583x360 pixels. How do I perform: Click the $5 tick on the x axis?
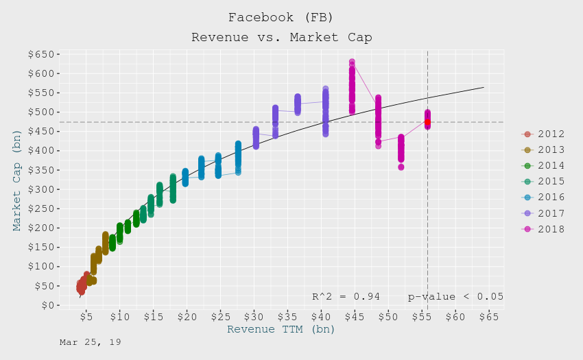(86, 317)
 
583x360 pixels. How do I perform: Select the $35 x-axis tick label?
(288, 317)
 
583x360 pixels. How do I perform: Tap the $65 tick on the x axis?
(489, 317)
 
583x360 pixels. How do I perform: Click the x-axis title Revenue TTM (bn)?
(281, 330)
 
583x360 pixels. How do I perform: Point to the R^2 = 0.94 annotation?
(346, 297)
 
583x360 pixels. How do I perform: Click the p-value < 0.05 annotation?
(455, 297)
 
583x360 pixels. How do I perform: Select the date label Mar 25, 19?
(90, 341)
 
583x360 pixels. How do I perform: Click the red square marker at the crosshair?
(427, 122)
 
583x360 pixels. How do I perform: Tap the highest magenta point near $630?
(352, 62)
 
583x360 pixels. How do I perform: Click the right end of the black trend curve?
(484, 87)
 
